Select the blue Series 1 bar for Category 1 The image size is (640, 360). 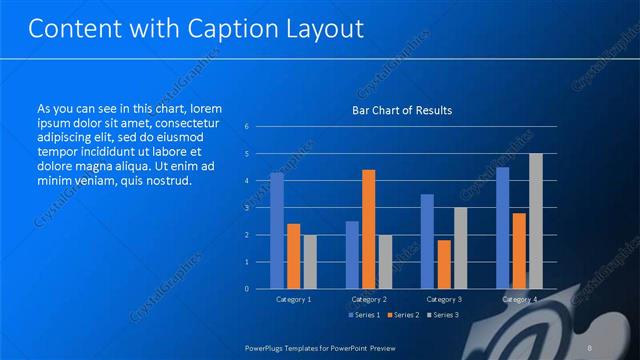click(277, 230)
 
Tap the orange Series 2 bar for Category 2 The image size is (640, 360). click(368, 229)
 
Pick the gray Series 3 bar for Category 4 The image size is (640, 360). click(535, 221)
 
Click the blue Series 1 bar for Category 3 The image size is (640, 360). click(427, 241)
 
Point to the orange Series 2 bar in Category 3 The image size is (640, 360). click(443, 264)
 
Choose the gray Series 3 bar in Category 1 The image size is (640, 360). click(309, 261)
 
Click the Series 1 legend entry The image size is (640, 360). click(364, 315)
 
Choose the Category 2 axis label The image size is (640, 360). click(368, 299)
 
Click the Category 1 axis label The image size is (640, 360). click(293, 299)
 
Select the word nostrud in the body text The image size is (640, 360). click(165, 181)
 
